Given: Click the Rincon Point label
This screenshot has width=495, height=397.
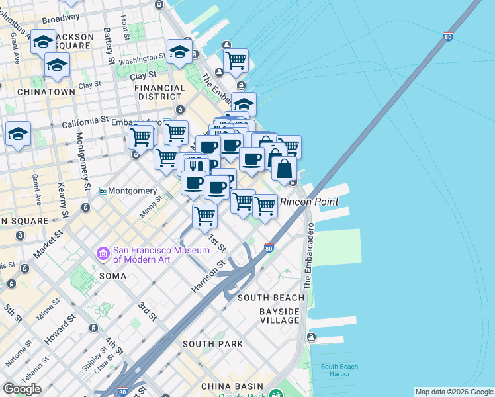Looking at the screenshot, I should point(309,202).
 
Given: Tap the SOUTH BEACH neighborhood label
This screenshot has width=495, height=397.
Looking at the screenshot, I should point(270,298).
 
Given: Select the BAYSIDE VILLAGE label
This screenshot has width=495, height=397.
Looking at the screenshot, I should point(279,316).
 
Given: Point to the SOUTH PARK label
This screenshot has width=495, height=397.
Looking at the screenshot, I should point(212,344).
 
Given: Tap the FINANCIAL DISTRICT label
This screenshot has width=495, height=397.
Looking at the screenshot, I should point(159,92).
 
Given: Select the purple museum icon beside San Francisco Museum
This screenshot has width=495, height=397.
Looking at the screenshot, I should point(103,253).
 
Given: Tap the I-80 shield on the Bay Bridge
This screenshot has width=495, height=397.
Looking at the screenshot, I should point(449,38).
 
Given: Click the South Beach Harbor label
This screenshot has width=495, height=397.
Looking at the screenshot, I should point(339,371).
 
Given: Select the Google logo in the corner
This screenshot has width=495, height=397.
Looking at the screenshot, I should point(22,388).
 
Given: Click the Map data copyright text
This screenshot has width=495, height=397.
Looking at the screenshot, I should point(454,392).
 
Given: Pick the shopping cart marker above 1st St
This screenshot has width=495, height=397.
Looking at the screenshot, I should point(205,215).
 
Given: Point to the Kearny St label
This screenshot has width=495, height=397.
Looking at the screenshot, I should point(63,201).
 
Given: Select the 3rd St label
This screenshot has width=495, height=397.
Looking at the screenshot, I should point(147,312).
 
